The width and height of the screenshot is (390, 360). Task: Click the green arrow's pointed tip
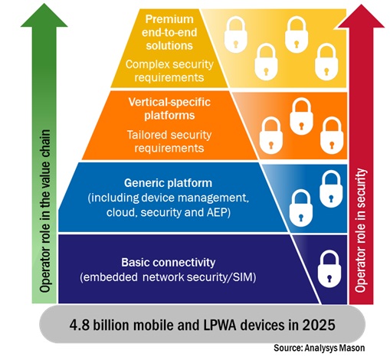click(44, 4)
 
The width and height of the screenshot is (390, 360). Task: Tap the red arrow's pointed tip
click(361, 5)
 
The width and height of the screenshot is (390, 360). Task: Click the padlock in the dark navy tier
click(329, 269)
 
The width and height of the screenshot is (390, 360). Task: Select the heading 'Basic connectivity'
click(168, 263)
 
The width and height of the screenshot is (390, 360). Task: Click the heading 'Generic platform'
click(168, 183)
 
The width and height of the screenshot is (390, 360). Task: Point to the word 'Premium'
click(169, 19)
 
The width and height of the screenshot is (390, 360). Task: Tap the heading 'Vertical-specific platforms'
click(169, 109)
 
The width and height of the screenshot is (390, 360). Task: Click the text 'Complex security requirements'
click(169, 70)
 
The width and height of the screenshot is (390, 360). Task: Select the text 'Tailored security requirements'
click(169, 142)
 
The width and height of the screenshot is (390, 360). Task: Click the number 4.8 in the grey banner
click(79, 325)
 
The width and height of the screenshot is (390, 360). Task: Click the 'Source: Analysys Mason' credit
click(319, 348)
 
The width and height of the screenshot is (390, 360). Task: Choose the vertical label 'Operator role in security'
click(361, 230)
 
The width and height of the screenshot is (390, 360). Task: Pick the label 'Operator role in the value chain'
click(44, 211)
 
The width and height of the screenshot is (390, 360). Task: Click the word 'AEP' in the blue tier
click(218, 212)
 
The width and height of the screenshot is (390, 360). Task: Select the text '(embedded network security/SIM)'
click(168, 277)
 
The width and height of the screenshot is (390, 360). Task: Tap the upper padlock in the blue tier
click(331, 188)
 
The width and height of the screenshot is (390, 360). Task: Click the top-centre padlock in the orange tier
click(301, 116)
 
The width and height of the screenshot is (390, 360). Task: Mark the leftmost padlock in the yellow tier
click(236, 34)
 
